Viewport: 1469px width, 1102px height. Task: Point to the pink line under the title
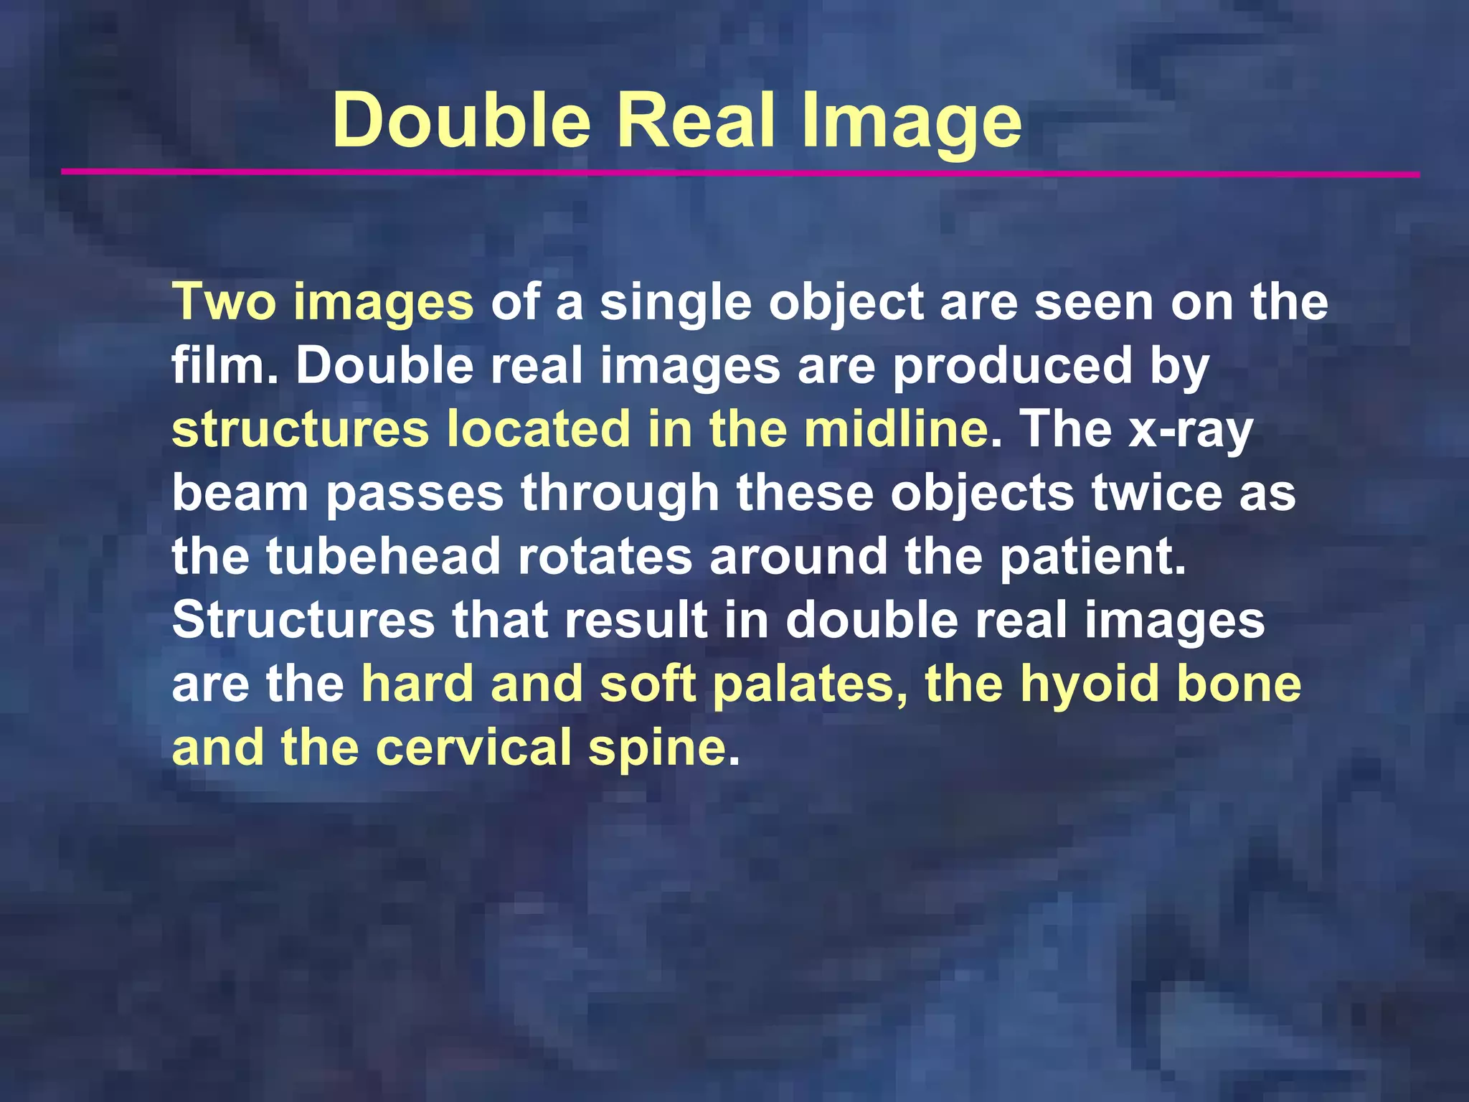739,173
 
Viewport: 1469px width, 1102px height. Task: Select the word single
675,303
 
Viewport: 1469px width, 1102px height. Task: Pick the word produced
1011,366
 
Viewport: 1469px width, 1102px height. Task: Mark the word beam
240,494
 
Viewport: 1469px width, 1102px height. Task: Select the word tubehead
383,557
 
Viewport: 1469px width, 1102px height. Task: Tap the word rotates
604,557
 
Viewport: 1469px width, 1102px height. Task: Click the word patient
1092,557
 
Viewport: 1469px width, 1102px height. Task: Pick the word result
635,620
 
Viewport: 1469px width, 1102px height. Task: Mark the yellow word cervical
473,747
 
